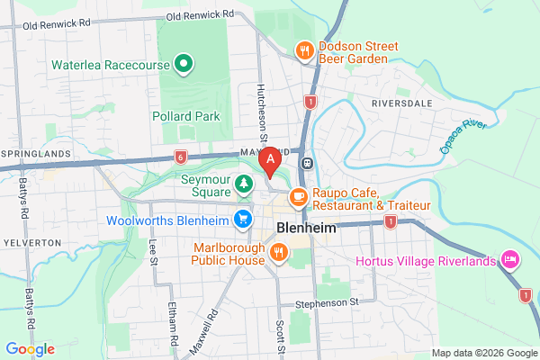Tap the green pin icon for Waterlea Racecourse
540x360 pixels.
tap(184, 63)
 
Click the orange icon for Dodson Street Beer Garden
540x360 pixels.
tap(305, 51)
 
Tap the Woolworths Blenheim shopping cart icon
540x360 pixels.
tap(243, 219)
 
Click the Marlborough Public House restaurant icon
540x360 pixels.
tap(279, 253)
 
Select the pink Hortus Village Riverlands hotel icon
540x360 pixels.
tap(508, 260)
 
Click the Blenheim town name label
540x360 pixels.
tap(306, 229)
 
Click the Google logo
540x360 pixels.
tap(30, 348)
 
